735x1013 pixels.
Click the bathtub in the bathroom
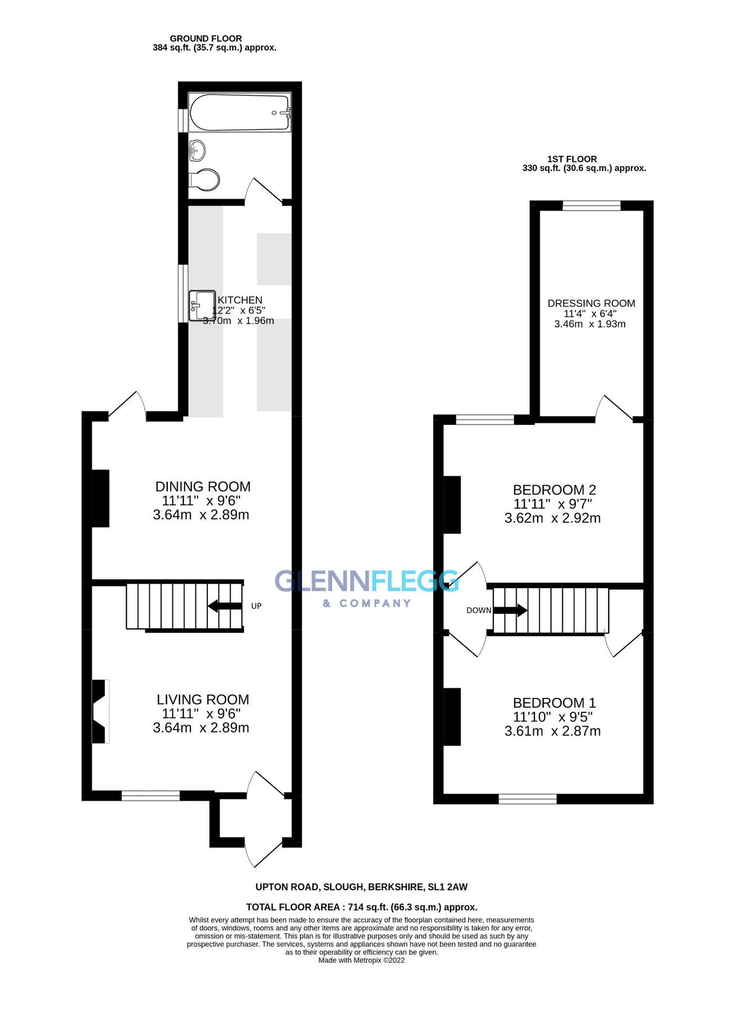[x=240, y=113]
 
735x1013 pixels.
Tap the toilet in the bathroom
[x=204, y=180]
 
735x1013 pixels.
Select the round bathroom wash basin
[x=197, y=150]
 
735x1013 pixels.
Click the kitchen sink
[x=202, y=306]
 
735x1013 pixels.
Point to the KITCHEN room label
[x=240, y=300]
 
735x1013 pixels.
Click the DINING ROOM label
[x=203, y=486]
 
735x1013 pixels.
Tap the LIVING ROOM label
[x=203, y=700]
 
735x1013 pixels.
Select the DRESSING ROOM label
[x=591, y=303]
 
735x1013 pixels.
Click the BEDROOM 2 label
[x=554, y=490]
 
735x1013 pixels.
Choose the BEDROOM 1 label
[x=554, y=703]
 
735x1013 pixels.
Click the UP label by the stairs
[x=256, y=606]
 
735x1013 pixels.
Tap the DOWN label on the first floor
[x=479, y=611]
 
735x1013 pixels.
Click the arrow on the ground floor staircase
[x=225, y=606]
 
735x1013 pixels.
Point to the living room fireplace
[x=100, y=711]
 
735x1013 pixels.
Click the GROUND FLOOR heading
[x=206, y=38]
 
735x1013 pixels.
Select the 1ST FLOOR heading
[x=572, y=159]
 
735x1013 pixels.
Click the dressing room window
[x=591, y=205]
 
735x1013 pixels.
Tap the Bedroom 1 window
[x=528, y=799]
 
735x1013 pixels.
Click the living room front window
[x=150, y=795]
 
